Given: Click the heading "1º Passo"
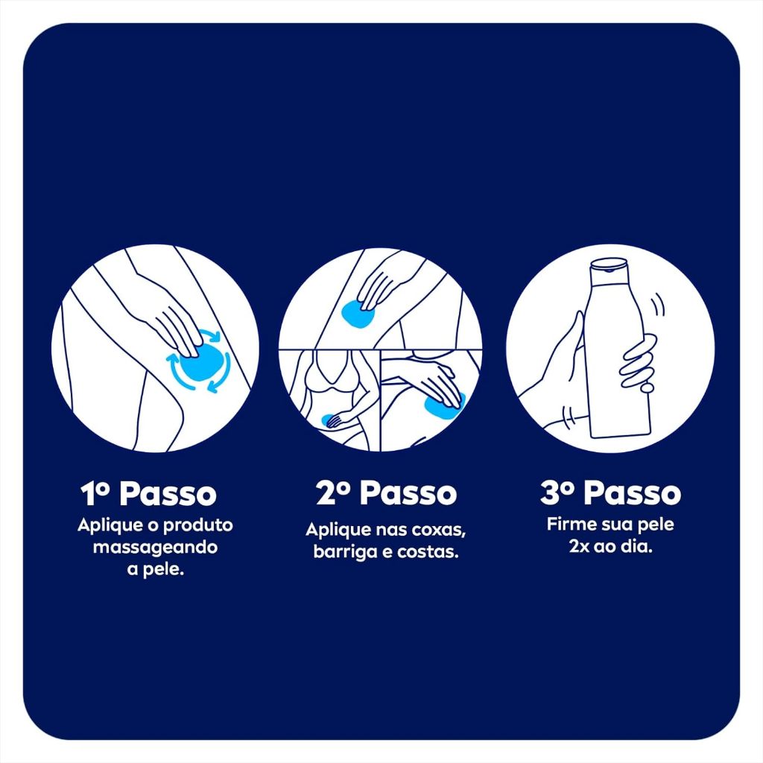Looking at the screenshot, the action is (148, 493).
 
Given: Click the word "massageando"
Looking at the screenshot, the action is (155, 548).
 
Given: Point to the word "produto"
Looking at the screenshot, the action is (197, 525).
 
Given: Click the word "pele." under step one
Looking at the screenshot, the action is (156, 570).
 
